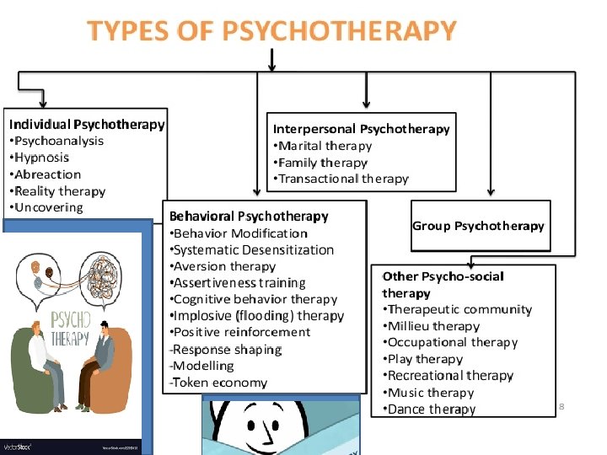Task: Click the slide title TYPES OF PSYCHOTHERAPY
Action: click(271, 31)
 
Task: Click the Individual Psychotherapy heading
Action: click(87, 125)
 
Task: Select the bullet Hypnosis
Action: click(41, 158)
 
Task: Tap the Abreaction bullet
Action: click(47, 174)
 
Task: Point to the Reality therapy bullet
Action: click(59, 191)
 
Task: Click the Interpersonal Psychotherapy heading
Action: click(361, 129)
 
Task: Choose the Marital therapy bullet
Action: click(325, 146)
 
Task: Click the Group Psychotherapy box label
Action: click(478, 226)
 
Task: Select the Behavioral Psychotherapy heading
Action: click(249, 217)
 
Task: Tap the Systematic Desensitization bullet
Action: click(254, 250)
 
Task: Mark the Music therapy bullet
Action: click(431, 393)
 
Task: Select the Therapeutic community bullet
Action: click(459, 310)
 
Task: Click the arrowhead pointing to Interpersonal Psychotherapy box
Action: click(366, 104)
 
